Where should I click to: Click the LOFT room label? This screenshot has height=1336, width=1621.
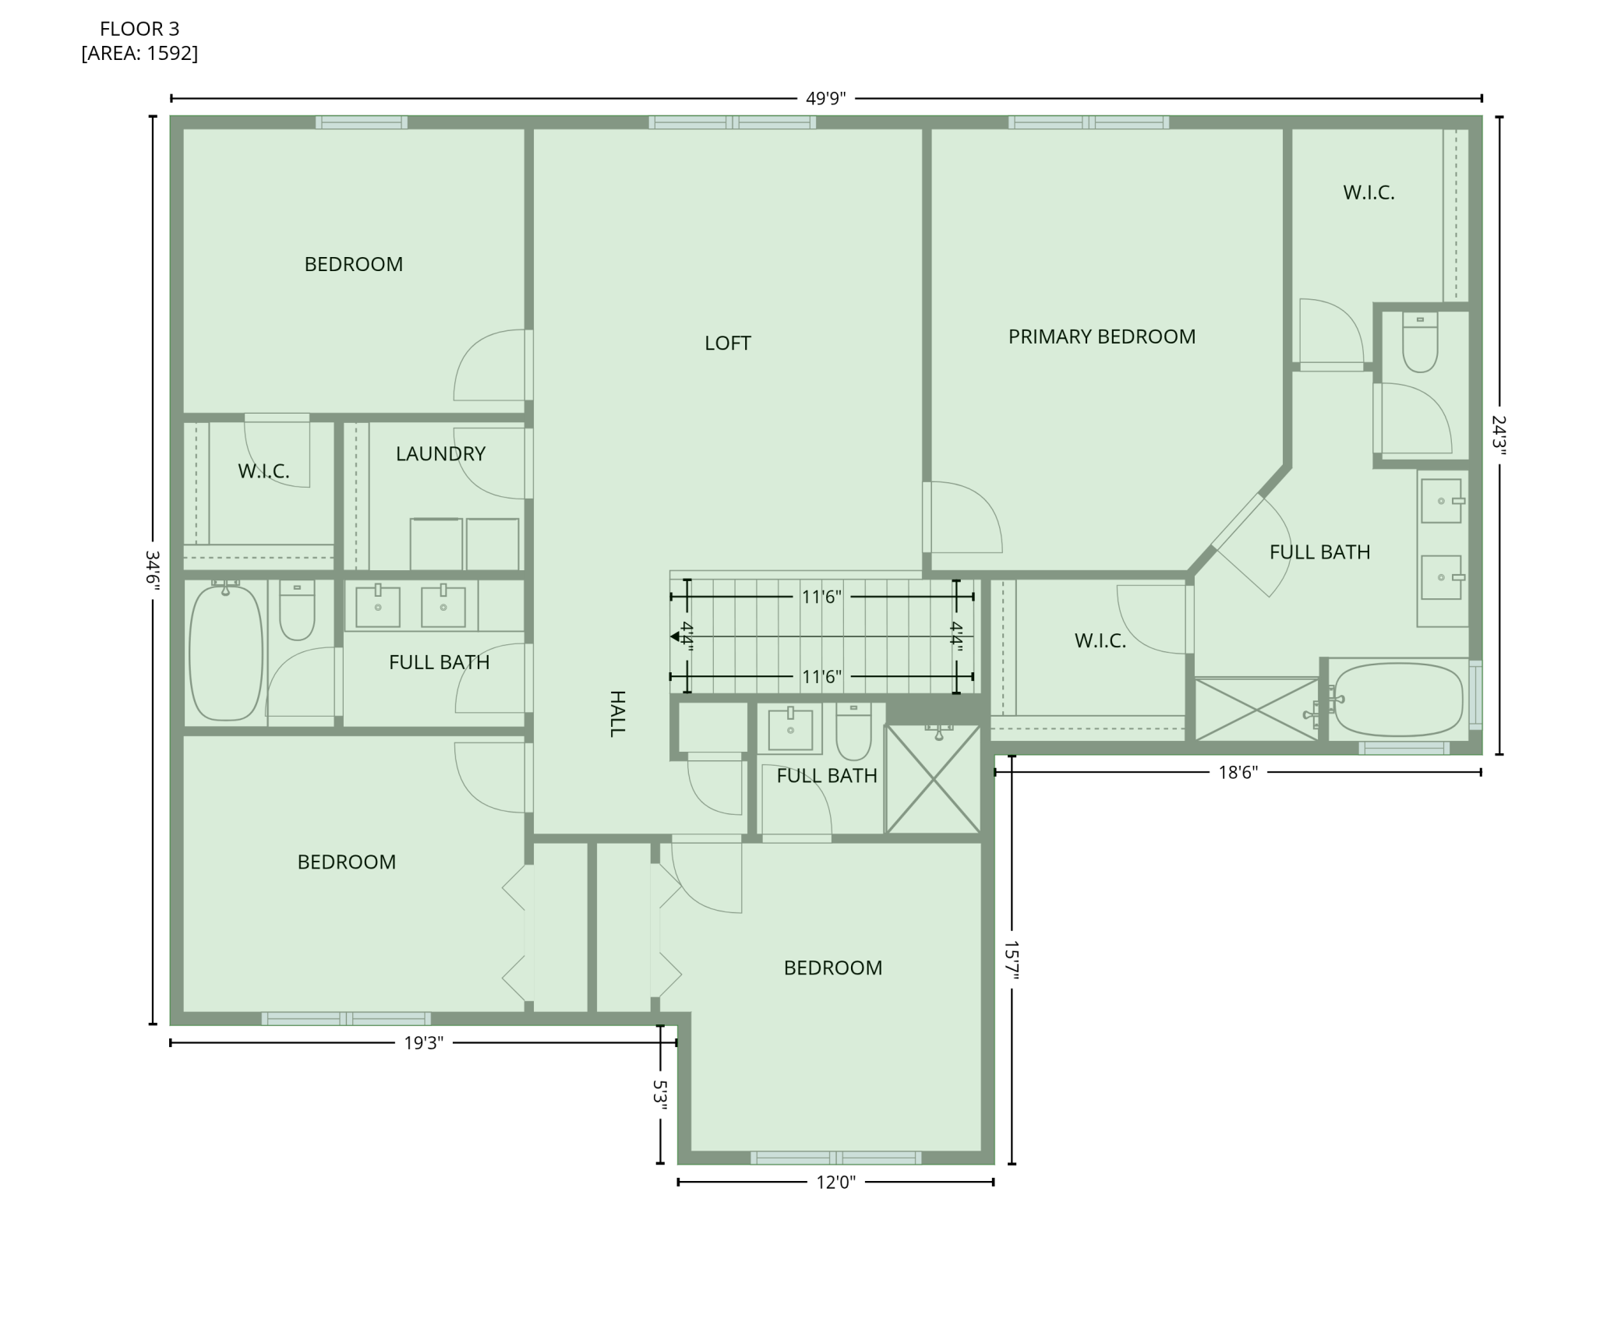727,344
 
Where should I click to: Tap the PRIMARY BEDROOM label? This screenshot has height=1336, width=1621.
1101,337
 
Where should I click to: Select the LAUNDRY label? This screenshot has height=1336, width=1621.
440,453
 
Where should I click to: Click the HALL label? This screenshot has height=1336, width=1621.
616,713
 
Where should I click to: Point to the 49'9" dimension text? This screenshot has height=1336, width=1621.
825,99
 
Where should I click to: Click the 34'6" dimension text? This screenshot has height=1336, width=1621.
153,570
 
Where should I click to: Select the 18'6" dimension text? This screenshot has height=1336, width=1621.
1238,773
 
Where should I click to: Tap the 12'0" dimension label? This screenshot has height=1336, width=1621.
835,1183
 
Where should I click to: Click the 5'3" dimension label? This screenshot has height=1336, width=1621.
660,1095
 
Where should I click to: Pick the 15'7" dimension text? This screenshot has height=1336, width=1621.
1011,960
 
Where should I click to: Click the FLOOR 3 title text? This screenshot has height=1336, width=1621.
139,29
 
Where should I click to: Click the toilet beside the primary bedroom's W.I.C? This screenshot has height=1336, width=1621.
1419,343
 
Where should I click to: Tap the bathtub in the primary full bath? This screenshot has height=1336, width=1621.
1399,699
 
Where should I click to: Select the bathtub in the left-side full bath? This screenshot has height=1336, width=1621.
226,652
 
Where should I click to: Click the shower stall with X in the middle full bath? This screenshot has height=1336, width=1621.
933,779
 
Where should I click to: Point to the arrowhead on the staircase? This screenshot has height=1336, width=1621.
675,636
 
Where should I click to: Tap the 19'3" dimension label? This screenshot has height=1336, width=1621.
423,1043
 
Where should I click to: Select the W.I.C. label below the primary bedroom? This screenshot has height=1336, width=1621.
1100,641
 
